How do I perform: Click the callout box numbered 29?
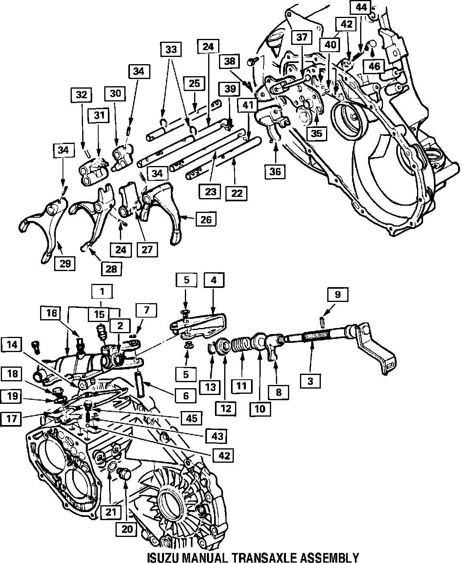click(65, 263)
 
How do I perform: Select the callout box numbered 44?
click(361, 7)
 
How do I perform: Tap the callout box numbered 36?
click(276, 171)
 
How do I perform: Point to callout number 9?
click(338, 294)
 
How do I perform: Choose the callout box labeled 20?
click(127, 529)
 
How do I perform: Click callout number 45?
click(191, 418)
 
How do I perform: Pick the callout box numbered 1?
click(102, 292)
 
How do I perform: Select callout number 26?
click(206, 219)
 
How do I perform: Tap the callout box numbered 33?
click(171, 49)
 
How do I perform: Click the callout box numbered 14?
click(12, 345)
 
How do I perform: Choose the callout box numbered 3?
click(310, 381)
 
